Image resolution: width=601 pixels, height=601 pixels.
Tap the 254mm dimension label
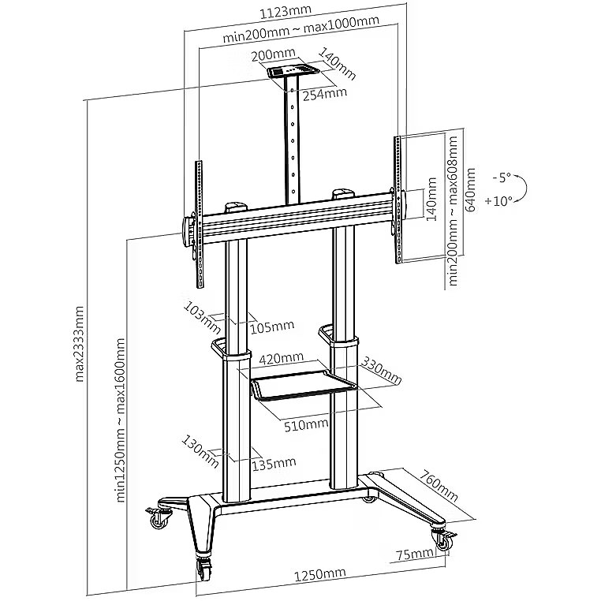[x=325, y=93]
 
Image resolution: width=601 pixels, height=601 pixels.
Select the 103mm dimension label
[x=200, y=313]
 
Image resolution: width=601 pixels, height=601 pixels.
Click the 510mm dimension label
[x=306, y=424]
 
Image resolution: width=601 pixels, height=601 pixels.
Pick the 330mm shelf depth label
[x=381, y=371]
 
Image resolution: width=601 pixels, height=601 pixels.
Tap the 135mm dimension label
[x=274, y=463]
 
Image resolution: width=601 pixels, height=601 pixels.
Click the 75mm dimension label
[x=416, y=554]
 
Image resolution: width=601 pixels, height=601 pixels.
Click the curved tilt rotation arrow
[x=522, y=189]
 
